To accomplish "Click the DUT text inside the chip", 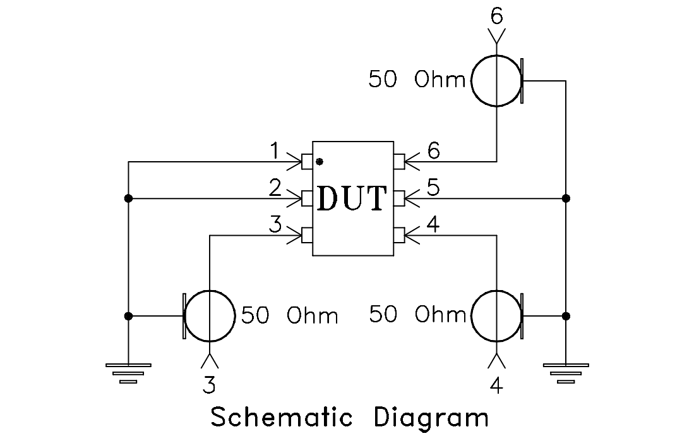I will (352, 198).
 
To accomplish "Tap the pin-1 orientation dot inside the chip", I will (320, 161).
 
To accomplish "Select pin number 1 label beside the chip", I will (275, 151).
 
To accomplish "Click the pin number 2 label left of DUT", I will (275, 188).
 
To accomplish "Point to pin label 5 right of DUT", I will (433, 188).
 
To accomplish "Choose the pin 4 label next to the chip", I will (433, 226).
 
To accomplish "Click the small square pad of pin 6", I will (398, 162).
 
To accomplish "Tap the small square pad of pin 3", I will (308, 236).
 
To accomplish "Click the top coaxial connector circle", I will (497, 80).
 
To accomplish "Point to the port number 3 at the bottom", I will (209, 384).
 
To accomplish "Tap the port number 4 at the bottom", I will (497, 385).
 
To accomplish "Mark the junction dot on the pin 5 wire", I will (566, 198).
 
